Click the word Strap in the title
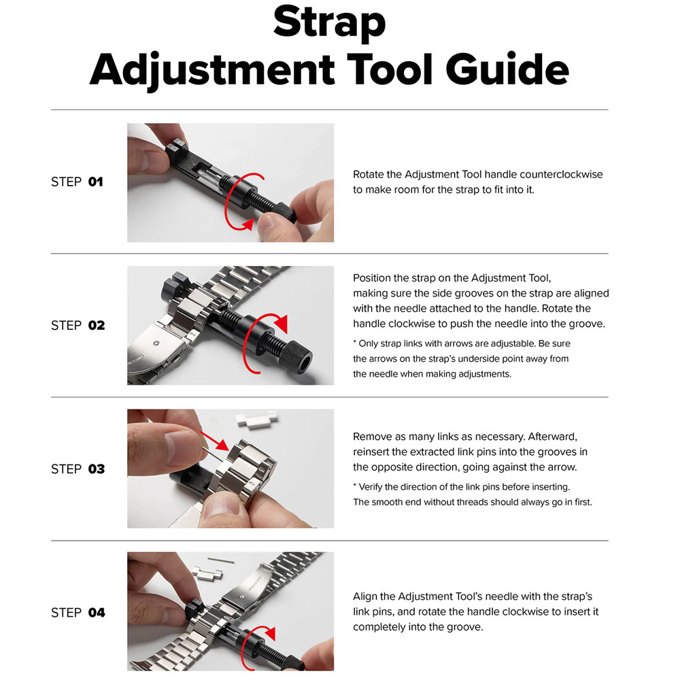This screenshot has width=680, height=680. [x=329, y=22]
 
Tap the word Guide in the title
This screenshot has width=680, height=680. [x=507, y=69]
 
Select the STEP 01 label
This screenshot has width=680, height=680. [x=78, y=182]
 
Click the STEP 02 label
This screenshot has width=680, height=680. [x=78, y=325]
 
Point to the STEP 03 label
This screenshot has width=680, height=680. [x=78, y=469]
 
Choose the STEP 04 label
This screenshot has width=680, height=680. [x=78, y=613]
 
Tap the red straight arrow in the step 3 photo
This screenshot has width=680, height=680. [x=214, y=441]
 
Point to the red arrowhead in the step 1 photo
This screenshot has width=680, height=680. [x=248, y=224]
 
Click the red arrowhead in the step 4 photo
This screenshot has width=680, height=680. [x=270, y=634]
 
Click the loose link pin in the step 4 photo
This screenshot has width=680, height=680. [x=221, y=560]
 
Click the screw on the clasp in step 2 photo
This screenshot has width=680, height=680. [x=156, y=343]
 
